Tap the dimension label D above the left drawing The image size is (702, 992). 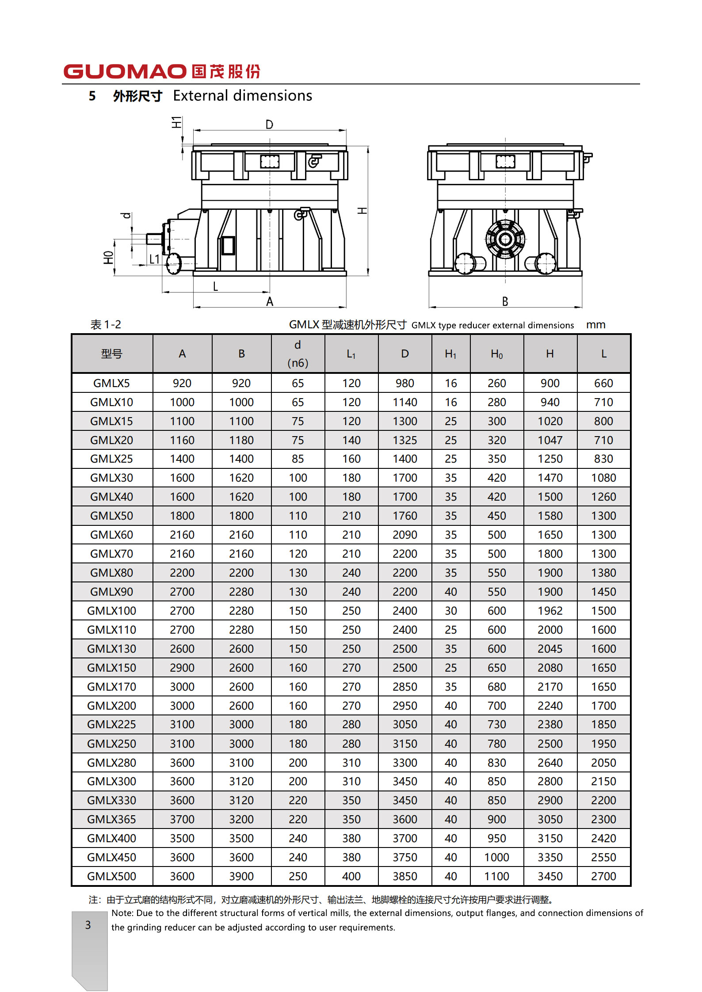pyautogui.click(x=269, y=125)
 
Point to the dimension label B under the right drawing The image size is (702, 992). pyautogui.click(x=505, y=301)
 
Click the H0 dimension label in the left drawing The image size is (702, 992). pyautogui.click(x=108, y=258)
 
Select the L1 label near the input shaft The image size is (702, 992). pyautogui.click(x=154, y=259)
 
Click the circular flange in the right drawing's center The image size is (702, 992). pyautogui.click(x=505, y=239)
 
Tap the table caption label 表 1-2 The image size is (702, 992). pyautogui.click(x=106, y=325)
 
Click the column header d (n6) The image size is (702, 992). pyautogui.click(x=298, y=353)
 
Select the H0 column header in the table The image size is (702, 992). pyautogui.click(x=496, y=354)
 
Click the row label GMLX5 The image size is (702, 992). pyautogui.click(x=111, y=383)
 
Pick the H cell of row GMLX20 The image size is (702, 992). pyautogui.click(x=550, y=440)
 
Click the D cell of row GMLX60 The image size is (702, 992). pyautogui.click(x=404, y=535)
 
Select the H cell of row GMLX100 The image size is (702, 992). pyautogui.click(x=550, y=611)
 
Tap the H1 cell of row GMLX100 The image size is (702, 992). pyautogui.click(x=450, y=611)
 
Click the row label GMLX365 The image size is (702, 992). pyautogui.click(x=111, y=819)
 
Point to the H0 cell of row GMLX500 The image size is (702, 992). pyautogui.click(x=496, y=876)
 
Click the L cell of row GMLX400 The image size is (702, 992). pyautogui.click(x=603, y=838)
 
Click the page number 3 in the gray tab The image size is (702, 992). pyautogui.click(x=88, y=925)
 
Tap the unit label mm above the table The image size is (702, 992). pyautogui.click(x=595, y=325)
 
